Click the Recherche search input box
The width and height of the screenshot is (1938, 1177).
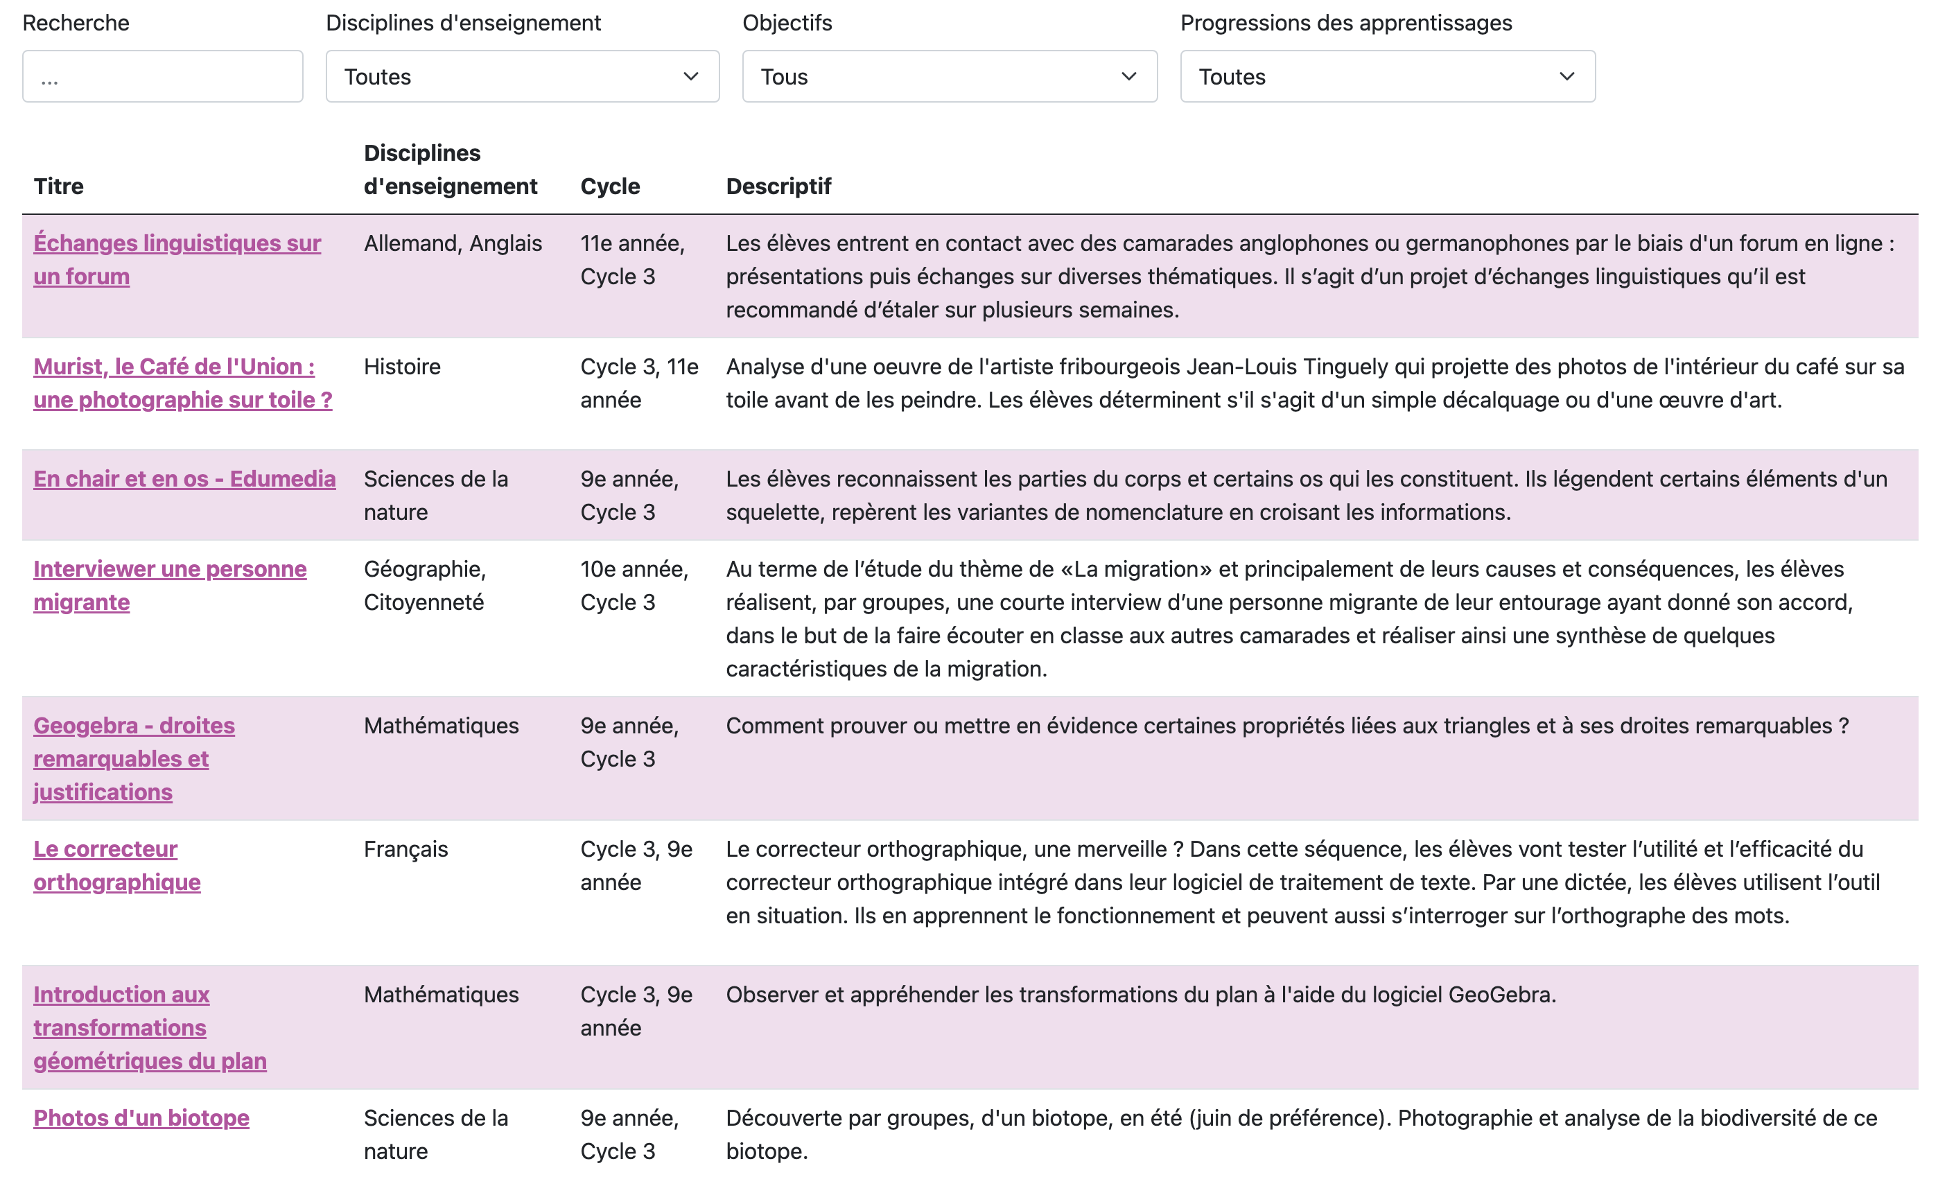tap(162, 76)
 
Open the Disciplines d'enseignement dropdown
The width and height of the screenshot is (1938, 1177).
tap(522, 76)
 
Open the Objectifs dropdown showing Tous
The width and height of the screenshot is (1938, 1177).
tap(950, 76)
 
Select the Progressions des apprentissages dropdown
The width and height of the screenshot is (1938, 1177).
tap(1388, 76)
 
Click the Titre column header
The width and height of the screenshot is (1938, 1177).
tap(59, 186)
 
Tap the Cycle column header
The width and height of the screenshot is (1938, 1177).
tap(609, 186)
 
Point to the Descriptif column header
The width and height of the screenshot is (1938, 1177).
tap(778, 186)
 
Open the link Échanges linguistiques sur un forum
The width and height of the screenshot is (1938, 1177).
tap(176, 244)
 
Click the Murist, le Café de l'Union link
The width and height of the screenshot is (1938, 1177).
tap(174, 367)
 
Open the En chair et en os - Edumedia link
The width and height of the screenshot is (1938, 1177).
tap(184, 479)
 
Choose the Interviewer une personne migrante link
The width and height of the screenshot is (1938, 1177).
tap(170, 570)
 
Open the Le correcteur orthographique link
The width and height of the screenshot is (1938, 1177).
tap(105, 850)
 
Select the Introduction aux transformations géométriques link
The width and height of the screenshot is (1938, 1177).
tap(121, 995)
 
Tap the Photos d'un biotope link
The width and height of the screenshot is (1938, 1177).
tap(141, 1119)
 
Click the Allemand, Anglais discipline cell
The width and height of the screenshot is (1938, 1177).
tap(452, 244)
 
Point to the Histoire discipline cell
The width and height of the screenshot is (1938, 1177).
tap(402, 367)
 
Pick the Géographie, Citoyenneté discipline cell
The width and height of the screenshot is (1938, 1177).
tap(425, 585)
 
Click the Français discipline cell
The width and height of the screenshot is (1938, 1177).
tap(406, 850)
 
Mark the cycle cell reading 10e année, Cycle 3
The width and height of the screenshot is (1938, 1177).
tap(634, 585)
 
